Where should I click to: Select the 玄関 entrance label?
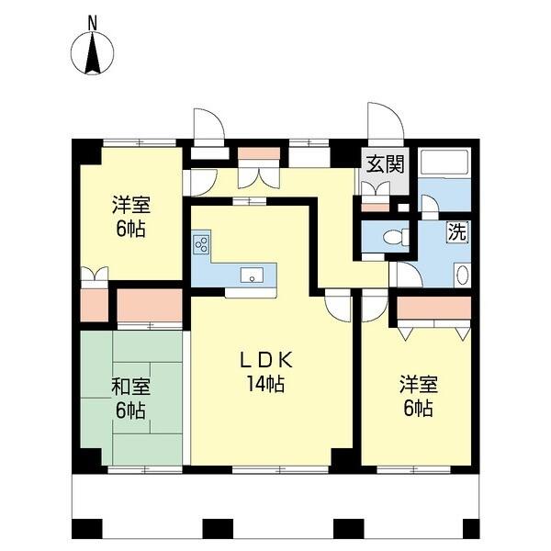click(x=385, y=165)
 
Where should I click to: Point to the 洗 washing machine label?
click(x=456, y=231)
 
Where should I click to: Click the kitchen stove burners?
click(x=202, y=245)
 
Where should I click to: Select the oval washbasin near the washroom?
click(x=461, y=275)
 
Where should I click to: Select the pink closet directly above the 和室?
click(x=149, y=306)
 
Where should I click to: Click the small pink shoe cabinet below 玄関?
click(x=375, y=206)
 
